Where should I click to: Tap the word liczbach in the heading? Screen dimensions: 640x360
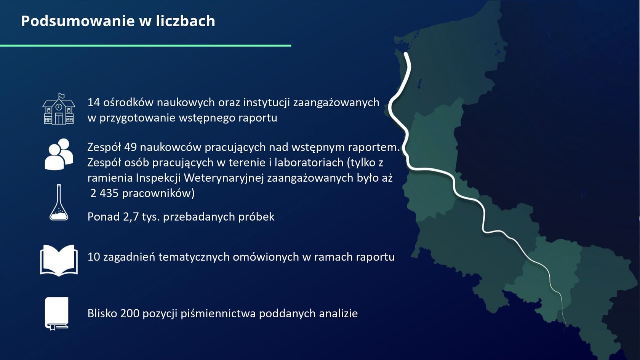pos(186,21)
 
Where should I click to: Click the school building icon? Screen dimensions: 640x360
pos(59,109)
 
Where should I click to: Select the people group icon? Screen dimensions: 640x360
pos(59,154)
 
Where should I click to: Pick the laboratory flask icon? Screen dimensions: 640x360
pos(59,202)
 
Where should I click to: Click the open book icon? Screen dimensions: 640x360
pos(59,260)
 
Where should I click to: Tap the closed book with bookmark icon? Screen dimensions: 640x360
pos(56,314)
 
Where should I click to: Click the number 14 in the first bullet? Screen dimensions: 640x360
pos(93,102)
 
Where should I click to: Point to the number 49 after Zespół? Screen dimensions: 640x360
pos(131,147)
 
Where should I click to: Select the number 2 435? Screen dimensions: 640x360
pos(104,194)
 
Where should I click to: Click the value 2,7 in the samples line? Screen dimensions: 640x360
pos(131,217)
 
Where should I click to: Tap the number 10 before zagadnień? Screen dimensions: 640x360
pos(93,257)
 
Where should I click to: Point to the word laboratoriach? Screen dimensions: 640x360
pos(309,163)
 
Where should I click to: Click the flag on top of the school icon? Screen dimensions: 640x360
pos(61,96)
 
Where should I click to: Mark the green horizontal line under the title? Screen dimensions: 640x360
pos(146,45)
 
